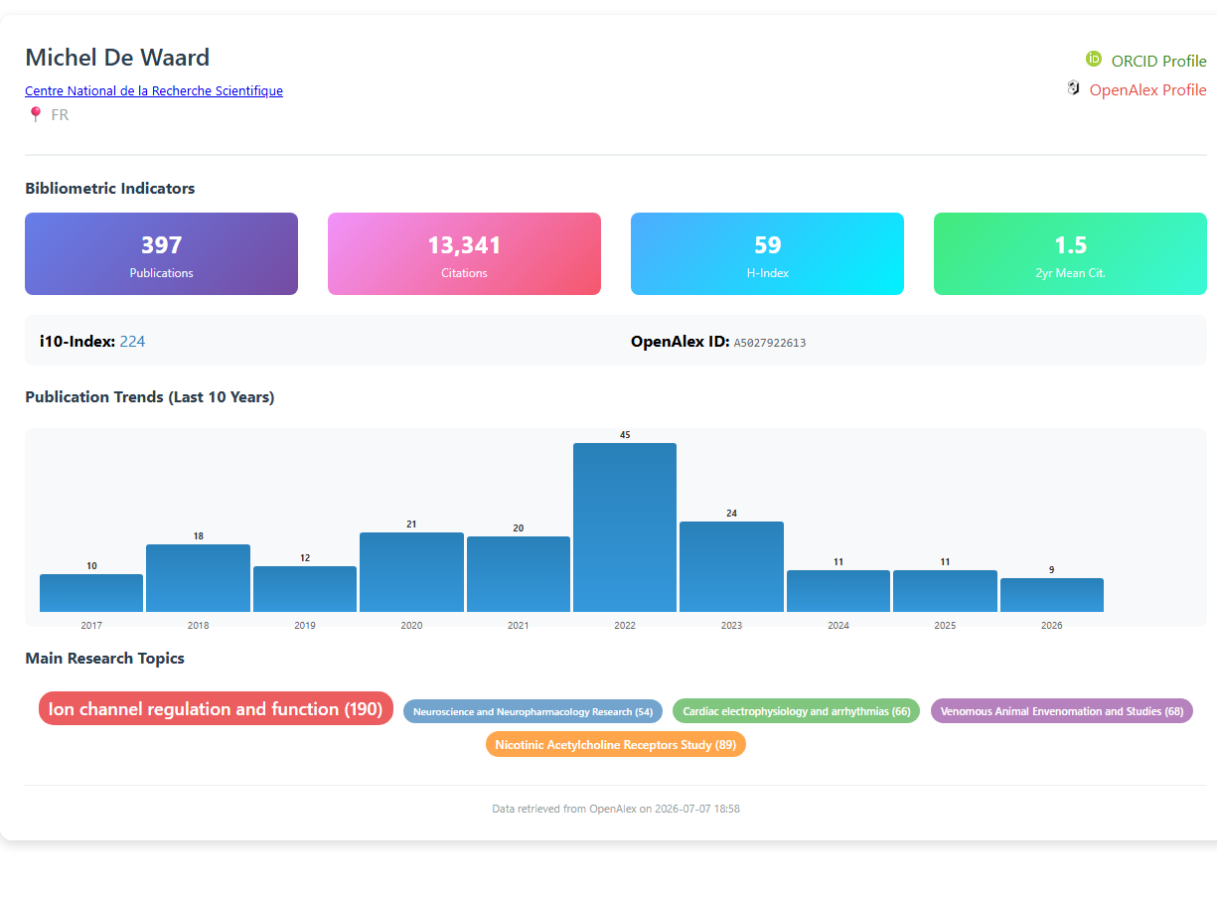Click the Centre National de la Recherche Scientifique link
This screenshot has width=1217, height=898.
[x=154, y=90]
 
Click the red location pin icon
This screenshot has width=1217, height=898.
[x=36, y=114]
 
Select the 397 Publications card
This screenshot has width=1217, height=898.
[x=161, y=253]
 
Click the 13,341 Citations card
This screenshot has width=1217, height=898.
[x=464, y=253]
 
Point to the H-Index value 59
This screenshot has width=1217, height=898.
[x=767, y=244]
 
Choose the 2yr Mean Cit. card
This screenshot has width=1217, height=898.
[x=1070, y=253]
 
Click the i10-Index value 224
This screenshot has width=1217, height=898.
[x=132, y=342]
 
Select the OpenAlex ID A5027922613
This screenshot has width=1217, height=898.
[x=770, y=343]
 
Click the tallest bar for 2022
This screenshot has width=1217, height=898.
[x=625, y=526]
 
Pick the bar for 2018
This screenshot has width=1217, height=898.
[x=198, y=578]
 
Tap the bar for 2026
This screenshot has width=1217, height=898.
[x=1051, y=594]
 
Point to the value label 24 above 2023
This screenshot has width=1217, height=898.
[x=731, y=514]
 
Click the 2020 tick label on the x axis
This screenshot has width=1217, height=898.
[x=411, y=625]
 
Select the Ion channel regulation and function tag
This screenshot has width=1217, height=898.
[x=216, y=708]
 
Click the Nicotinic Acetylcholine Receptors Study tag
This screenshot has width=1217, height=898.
[x=616, y=744]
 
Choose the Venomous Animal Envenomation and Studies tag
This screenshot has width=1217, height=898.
[x=1062, y=711]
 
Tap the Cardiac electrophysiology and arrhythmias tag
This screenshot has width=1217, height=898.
[x=796, y=711]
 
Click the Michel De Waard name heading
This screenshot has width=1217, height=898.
[x=117, y=58]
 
